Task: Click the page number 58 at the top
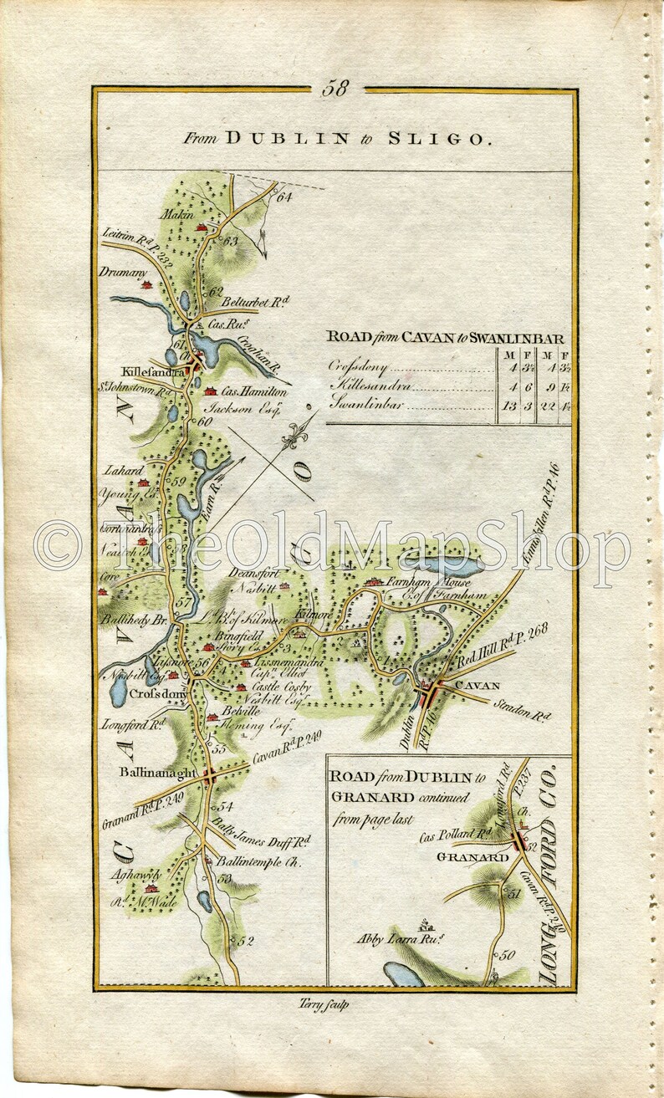click(x=335, y=89)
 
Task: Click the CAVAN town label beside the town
click(x=477, y=687)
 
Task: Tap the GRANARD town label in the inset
click(x=472, y=858)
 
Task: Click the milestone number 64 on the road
click(x=284, y=197)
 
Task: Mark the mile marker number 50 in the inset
click(x=508, y=955)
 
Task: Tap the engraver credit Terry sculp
click(x=323, y=1005)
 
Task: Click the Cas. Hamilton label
click(x=257, y=391)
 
